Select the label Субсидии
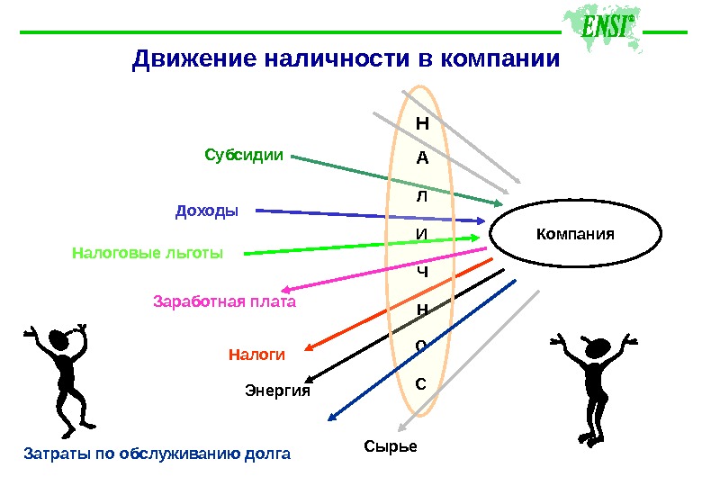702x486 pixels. point(243,155)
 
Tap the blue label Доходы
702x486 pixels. point(207,211)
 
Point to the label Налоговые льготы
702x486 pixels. point(147,253)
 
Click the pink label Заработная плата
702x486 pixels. point(225,301)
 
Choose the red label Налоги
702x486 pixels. point(256,355)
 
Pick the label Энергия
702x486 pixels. point(277,391)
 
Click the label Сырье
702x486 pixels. point(391,446)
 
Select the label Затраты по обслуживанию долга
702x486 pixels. point(157,454)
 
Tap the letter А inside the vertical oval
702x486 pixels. point(421,158)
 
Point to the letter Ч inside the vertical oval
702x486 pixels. point(421,271)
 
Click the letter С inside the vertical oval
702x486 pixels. point(420,384)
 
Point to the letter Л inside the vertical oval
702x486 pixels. point(421,196)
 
